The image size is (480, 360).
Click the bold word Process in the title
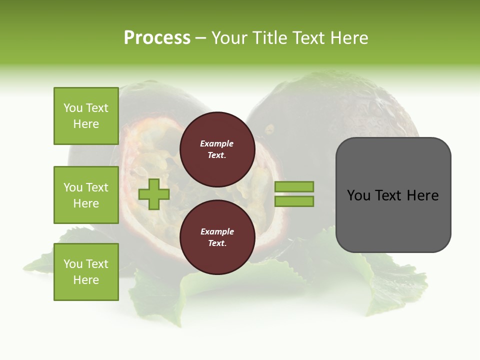(x=157, y=38)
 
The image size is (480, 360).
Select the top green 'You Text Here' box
(x=86, y=116)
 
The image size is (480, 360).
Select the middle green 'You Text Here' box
(x=86, y=195)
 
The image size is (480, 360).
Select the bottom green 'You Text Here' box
(x=86, y=272)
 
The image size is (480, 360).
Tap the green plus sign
(x=154, y=194)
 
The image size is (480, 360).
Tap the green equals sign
(x=294, y=194)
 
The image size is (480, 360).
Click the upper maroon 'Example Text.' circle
(x=217, y=149)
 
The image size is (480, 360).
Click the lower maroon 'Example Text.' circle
(x=217, y=237)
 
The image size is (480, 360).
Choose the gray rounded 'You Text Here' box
(x=393, y=195)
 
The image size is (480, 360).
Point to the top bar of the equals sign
(x=294, y=186)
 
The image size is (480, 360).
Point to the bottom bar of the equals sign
(x=294, y=201)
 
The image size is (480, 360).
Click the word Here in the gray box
(x=422, y=195)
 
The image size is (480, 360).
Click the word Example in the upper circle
(x=217, y=143)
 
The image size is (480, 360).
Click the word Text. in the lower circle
(x=217, y=243)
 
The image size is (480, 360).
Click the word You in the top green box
(x=73, y=108)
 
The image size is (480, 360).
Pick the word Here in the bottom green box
(x=86, y=280)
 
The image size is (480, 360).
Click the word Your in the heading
(x=230, y=38)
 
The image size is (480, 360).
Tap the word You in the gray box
(x=358, y=195)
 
